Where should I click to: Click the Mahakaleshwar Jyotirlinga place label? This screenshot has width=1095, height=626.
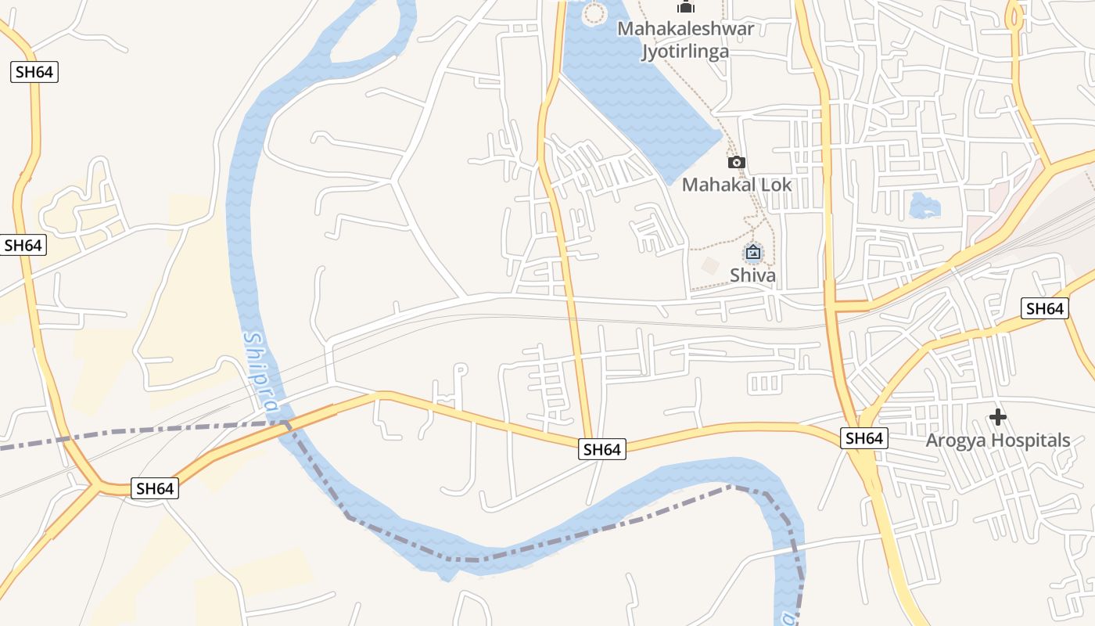[686, 40]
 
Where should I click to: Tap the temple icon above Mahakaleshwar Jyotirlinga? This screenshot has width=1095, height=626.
[686, 8]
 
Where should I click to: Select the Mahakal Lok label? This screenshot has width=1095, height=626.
[737, 185]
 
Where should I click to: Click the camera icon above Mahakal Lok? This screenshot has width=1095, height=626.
[736, 163]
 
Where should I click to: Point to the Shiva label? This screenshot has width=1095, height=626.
[752, 275]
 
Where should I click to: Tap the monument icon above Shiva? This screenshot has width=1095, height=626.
[752, 252]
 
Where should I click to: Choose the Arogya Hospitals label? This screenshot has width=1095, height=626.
[997, 441]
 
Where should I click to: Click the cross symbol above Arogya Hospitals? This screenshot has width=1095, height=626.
[997, 417]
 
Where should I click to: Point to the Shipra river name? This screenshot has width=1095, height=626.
[261, 372]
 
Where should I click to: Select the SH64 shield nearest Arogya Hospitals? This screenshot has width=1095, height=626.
[864, 438]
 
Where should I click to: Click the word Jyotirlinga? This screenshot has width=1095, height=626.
[685, 52]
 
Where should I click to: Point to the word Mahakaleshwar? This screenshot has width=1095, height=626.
[686, 29]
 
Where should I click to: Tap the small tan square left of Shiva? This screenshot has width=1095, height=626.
[710, 265]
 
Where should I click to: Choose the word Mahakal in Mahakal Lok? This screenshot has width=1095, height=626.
[720, 185]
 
